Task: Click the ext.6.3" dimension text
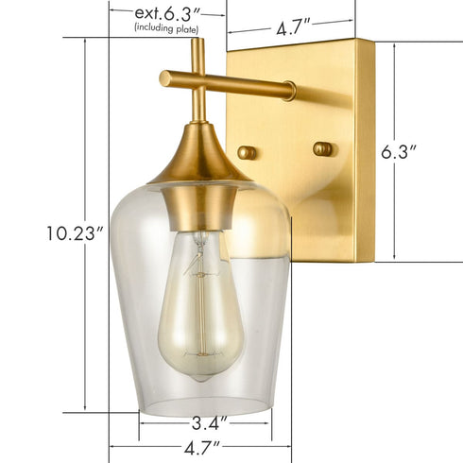(166, 13)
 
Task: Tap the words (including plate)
(166, 29)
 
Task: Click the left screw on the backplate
(247, 151)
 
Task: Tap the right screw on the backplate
(323, 148)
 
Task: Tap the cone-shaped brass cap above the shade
(199, 161)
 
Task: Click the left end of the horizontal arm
(164, 77)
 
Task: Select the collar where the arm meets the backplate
(287, 91)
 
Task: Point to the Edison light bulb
(201, 302)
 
